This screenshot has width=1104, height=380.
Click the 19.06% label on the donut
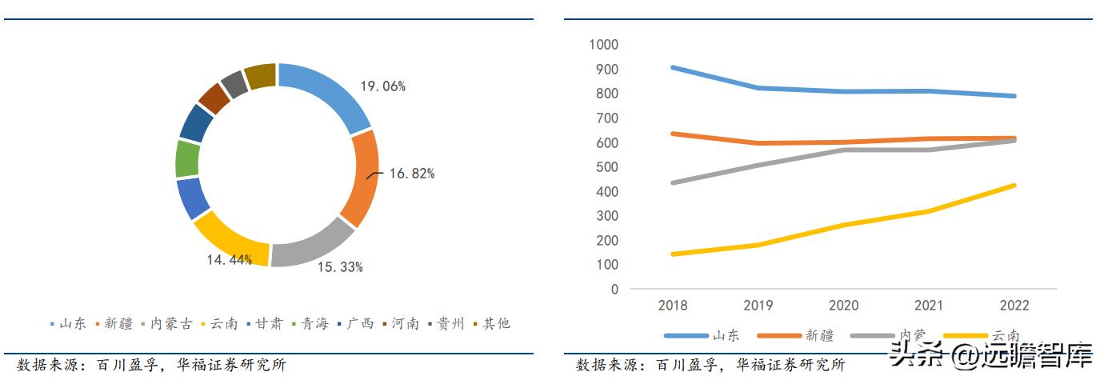pyautogui.click(x=383, y=86)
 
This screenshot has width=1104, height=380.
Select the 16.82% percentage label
pyautogui.click(x=412, y=174)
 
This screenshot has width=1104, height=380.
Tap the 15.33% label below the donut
pyautogui.click(x=340, y=267)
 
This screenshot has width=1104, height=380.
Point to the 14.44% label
pyautogui.click(x=229, y=259)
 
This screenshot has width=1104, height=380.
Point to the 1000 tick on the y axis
pyautogui.click(x=603, y=45)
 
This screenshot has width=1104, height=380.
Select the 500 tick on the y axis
pyautogui.click(x=606, y=167)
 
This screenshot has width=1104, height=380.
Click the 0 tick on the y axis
pyautogui.click(x=614, y=290)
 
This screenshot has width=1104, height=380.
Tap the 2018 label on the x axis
pyautogui.click(x=673, y=306)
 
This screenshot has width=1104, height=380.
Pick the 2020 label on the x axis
pyautogui.click(x=843, y=306)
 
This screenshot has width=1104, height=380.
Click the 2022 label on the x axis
pyautogui.click(x=1014, y=306)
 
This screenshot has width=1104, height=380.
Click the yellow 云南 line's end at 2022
pyautogui.click(x=1014, y=186)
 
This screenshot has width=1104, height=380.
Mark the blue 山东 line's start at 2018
pyautogui.click(x=673, y=67)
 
